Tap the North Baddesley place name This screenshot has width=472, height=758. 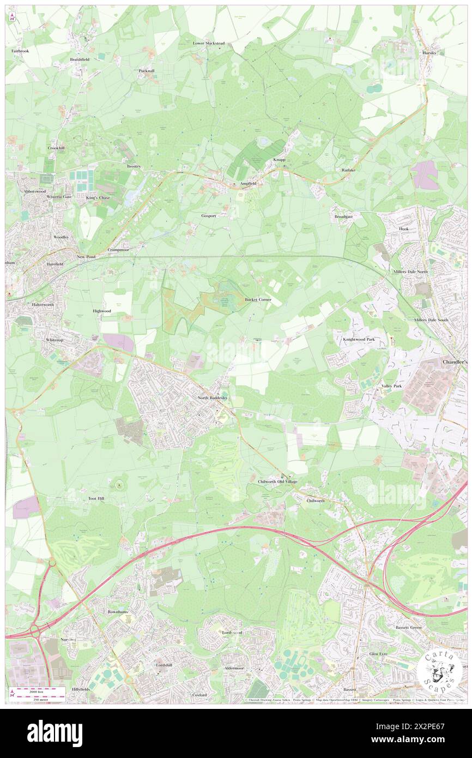pyautogui.click(x=213, y=398)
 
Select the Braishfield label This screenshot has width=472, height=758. pyautogui.click(x=80, y=59)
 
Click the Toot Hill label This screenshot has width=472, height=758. pyautogui.click(x=96, y=498)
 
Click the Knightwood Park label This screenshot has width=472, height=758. pyautogui.click(x=359, y=340)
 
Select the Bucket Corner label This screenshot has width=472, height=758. pyautogui.click(x=258, y=300)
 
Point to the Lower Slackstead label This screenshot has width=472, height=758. pyautogui.click(x=209, y=43)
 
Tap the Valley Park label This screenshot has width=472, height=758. pyautogui.click(x=391, y=386)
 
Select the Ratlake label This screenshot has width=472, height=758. pyautogui.click(x=348, y=170)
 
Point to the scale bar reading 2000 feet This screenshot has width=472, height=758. pyautogui.click(x=38, y=690)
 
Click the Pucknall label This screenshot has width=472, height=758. pyautogui.click(x=147, y=71)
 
